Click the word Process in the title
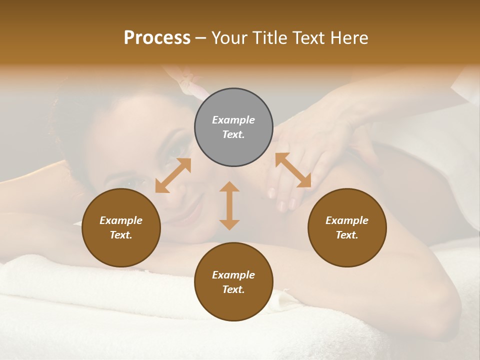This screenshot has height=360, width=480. [x=157, y=38]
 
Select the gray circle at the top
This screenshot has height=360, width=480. [x=233, y=127]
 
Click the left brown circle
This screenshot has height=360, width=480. [x=121, y=227]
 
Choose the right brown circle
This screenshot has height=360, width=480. [x=347, y=227]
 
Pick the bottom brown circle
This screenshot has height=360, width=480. [x=233, y=282]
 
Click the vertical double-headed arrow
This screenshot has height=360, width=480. [x=229, y=205]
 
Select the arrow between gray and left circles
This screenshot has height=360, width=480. [x=173, y=175]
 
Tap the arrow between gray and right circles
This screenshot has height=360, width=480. [x=293, y=170]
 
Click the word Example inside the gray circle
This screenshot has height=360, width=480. [x=233, y=120]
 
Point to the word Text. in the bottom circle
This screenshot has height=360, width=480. [x=233, y=289]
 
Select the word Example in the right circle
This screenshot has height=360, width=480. [x=347, y=220]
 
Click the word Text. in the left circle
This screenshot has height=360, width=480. [x=121, y=235]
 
